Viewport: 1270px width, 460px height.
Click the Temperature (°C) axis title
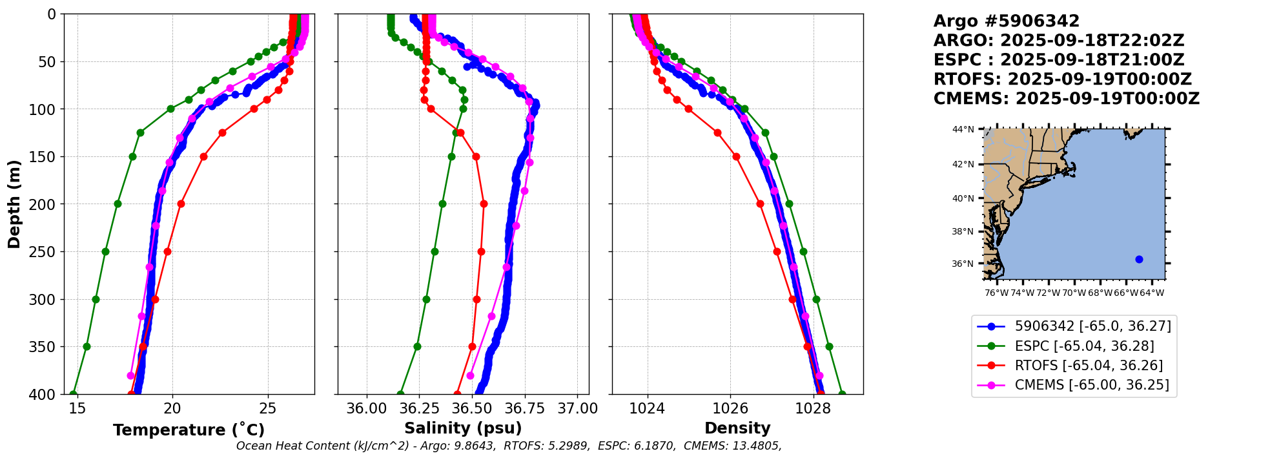[x=189, y=430]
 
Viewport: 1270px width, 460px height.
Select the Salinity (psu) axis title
[x=463, y=428]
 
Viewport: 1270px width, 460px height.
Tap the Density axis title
[x=737, y=428]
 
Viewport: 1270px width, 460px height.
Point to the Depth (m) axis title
[x=14, y=204]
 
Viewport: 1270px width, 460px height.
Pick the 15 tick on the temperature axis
[x=77, y=408]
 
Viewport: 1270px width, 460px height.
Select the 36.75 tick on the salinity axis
[x=525, y=408]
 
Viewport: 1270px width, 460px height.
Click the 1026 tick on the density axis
[x=730, y=408]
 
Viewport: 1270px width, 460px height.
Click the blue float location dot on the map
[x=1139, y=259]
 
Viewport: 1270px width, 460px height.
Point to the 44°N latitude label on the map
[x=963, y=130]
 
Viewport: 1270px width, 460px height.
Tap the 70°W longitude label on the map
[x=1074, y=293]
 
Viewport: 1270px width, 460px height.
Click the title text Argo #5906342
[x=997, y=21]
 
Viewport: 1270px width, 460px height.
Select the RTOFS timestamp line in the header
[x=1062, y=79]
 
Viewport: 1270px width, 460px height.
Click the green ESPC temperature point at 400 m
[x=73, y=393]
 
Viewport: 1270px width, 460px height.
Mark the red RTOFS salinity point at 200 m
[x=484, y=204]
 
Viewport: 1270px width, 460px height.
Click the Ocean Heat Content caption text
[x=509, y=446]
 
